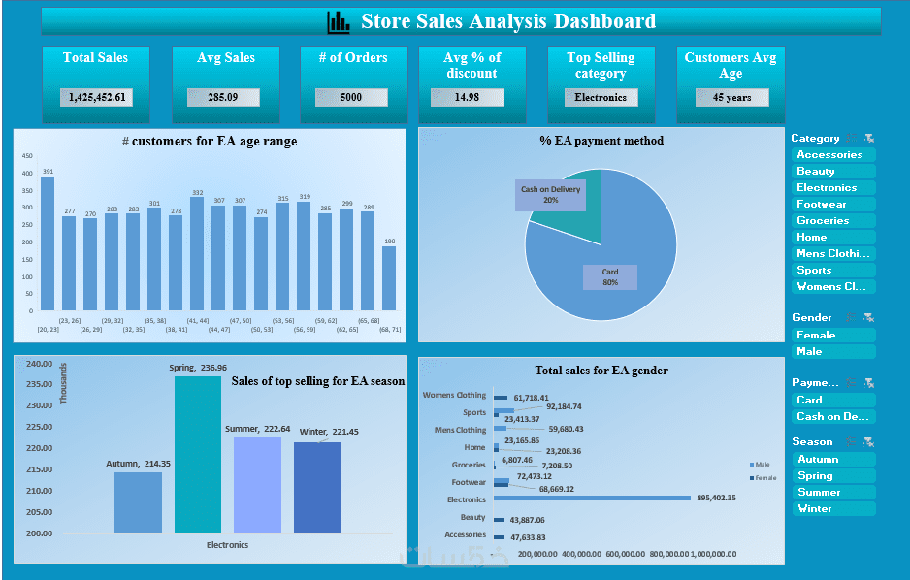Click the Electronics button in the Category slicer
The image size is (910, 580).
832,188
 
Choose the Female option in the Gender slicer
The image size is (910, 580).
832,336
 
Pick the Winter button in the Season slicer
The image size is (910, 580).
832,509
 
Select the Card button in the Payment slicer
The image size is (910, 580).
832,401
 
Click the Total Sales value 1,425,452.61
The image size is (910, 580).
96,98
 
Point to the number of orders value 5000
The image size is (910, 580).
351,98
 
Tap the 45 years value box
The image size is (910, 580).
731,98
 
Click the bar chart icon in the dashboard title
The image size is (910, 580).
339,21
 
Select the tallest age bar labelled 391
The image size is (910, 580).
48,243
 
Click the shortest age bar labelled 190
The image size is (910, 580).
389,278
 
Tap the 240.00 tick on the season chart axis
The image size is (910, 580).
40,365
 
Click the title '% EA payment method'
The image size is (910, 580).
601,141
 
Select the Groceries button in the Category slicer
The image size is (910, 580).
832,221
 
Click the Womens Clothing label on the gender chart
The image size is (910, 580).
454,396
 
